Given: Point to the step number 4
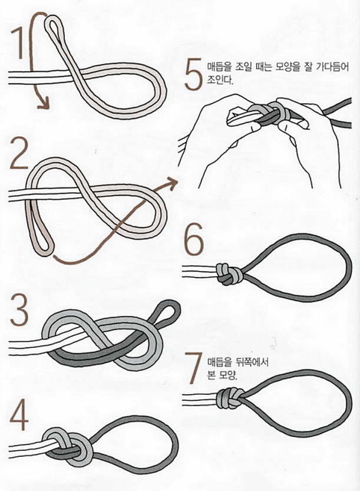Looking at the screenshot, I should [19, 417].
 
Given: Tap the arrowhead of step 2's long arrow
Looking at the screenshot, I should [173, 183].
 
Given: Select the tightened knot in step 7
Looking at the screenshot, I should [230, 400].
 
